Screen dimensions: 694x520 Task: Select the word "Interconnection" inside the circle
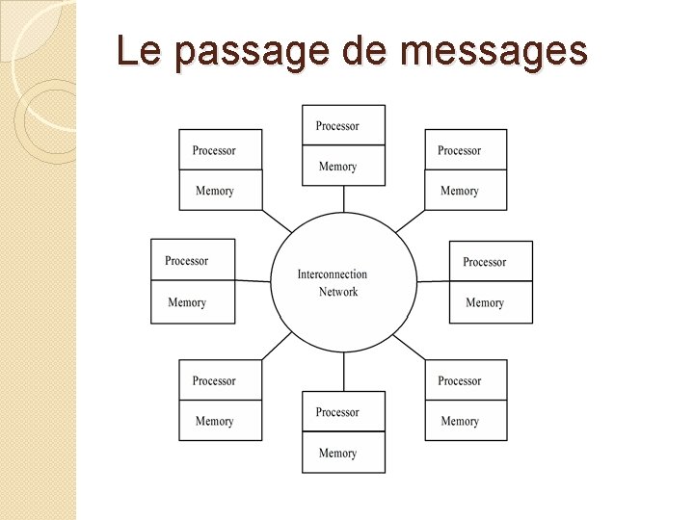pos(332,274)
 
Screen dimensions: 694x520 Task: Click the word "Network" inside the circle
pos(338,292)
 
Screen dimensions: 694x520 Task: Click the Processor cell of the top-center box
pos(343,126)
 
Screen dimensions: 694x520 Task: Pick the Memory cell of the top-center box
pos(343,167)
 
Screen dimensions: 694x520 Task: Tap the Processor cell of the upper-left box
pos(220,150)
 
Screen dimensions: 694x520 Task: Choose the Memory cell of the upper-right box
pos(466,191)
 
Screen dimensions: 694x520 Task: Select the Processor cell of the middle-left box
pos(193,261)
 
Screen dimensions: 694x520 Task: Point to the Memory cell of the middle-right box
pos(491,302)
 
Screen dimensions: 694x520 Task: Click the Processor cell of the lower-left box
pos(220,381)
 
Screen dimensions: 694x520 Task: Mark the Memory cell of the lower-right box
pos(466,421)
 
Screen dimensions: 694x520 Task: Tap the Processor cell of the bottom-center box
pos(343,412)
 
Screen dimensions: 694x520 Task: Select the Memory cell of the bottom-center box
pos(343,453)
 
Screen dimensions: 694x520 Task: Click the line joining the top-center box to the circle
pos(344,198)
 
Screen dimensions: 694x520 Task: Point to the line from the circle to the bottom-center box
pos(344,371)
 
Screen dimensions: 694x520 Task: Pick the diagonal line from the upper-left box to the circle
pos(277,221)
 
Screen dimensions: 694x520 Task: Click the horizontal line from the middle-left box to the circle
pos(253,281)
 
